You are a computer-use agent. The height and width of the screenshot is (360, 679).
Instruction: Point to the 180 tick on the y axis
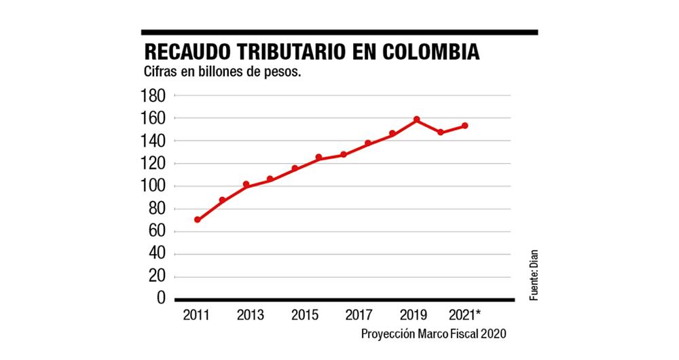click(152, 96)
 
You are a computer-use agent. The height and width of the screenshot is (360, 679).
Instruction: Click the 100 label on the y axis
click(152, 186)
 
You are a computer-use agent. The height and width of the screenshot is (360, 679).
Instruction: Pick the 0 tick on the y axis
click(161, 299)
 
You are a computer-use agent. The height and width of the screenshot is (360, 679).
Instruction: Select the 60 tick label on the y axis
click(155, 232)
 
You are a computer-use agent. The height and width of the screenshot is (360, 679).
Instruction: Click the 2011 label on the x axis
click(197, 314)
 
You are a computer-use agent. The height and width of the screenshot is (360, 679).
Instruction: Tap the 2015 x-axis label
click(305, 314)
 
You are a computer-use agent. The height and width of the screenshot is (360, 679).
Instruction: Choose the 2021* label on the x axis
click(467, 314)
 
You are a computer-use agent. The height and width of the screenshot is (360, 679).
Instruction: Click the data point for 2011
click(198, 219)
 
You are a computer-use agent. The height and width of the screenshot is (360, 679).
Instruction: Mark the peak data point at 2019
click(416, 120)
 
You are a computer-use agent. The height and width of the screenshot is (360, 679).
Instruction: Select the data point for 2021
click(465, 126)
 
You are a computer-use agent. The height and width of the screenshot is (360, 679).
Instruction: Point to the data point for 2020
click(441, 132)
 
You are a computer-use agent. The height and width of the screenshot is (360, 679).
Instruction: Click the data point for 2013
click(246, 185)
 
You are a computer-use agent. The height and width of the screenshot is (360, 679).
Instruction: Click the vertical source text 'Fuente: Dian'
click(534, 276)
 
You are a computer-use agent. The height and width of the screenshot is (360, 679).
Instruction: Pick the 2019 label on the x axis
click(414, 314)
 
